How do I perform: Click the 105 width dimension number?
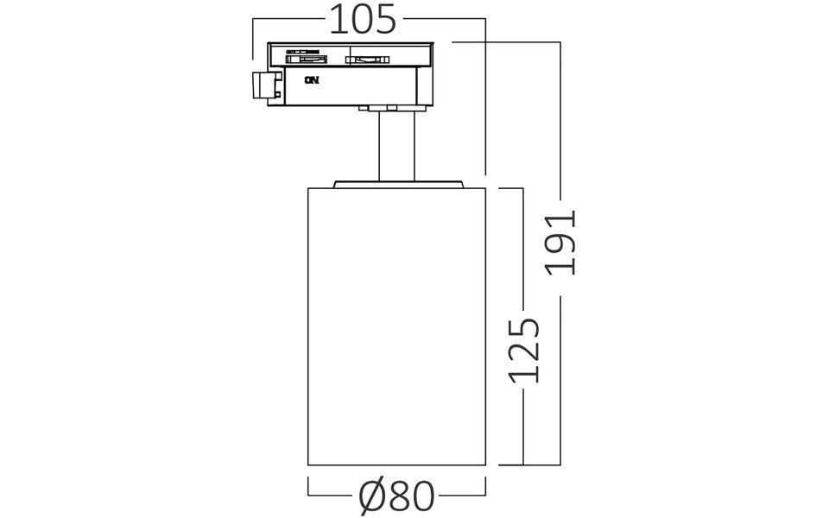click(363, 19)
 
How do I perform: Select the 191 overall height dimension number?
click(562, 242)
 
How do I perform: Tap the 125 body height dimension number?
click(524, 350)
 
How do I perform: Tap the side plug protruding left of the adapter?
click(264, 85)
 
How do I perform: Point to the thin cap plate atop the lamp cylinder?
click(398, 182)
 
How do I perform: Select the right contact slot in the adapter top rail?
click(367, 59)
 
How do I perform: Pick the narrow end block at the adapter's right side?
click(422, 86)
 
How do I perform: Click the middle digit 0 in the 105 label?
click(363, 19)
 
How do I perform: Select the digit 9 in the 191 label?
click(562, 242)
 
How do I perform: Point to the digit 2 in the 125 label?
click(524, 350)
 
